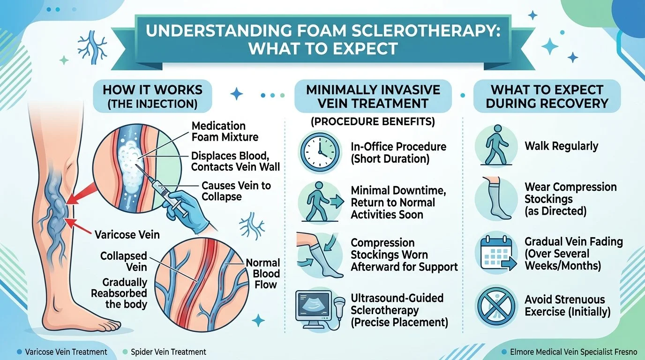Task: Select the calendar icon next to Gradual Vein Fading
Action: pos(497,254)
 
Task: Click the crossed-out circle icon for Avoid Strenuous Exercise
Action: pos(496,306)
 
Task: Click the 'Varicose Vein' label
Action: pos(127,235)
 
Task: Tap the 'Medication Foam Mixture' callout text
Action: pos(225,131)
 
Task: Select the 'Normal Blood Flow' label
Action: pos(263,274)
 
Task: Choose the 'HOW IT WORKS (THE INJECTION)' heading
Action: pos(153,97)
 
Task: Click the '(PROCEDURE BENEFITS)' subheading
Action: pos(373,121)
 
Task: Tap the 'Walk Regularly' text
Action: pos(561,146)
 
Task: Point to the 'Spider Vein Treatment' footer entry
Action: pos(168,352)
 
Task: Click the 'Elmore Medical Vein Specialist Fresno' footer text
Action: pos(573,352)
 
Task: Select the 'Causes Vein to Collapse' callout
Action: pos(236,191)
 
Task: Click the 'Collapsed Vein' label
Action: pos(124,261)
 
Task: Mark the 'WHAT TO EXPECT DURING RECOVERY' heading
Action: pos(547,97)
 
